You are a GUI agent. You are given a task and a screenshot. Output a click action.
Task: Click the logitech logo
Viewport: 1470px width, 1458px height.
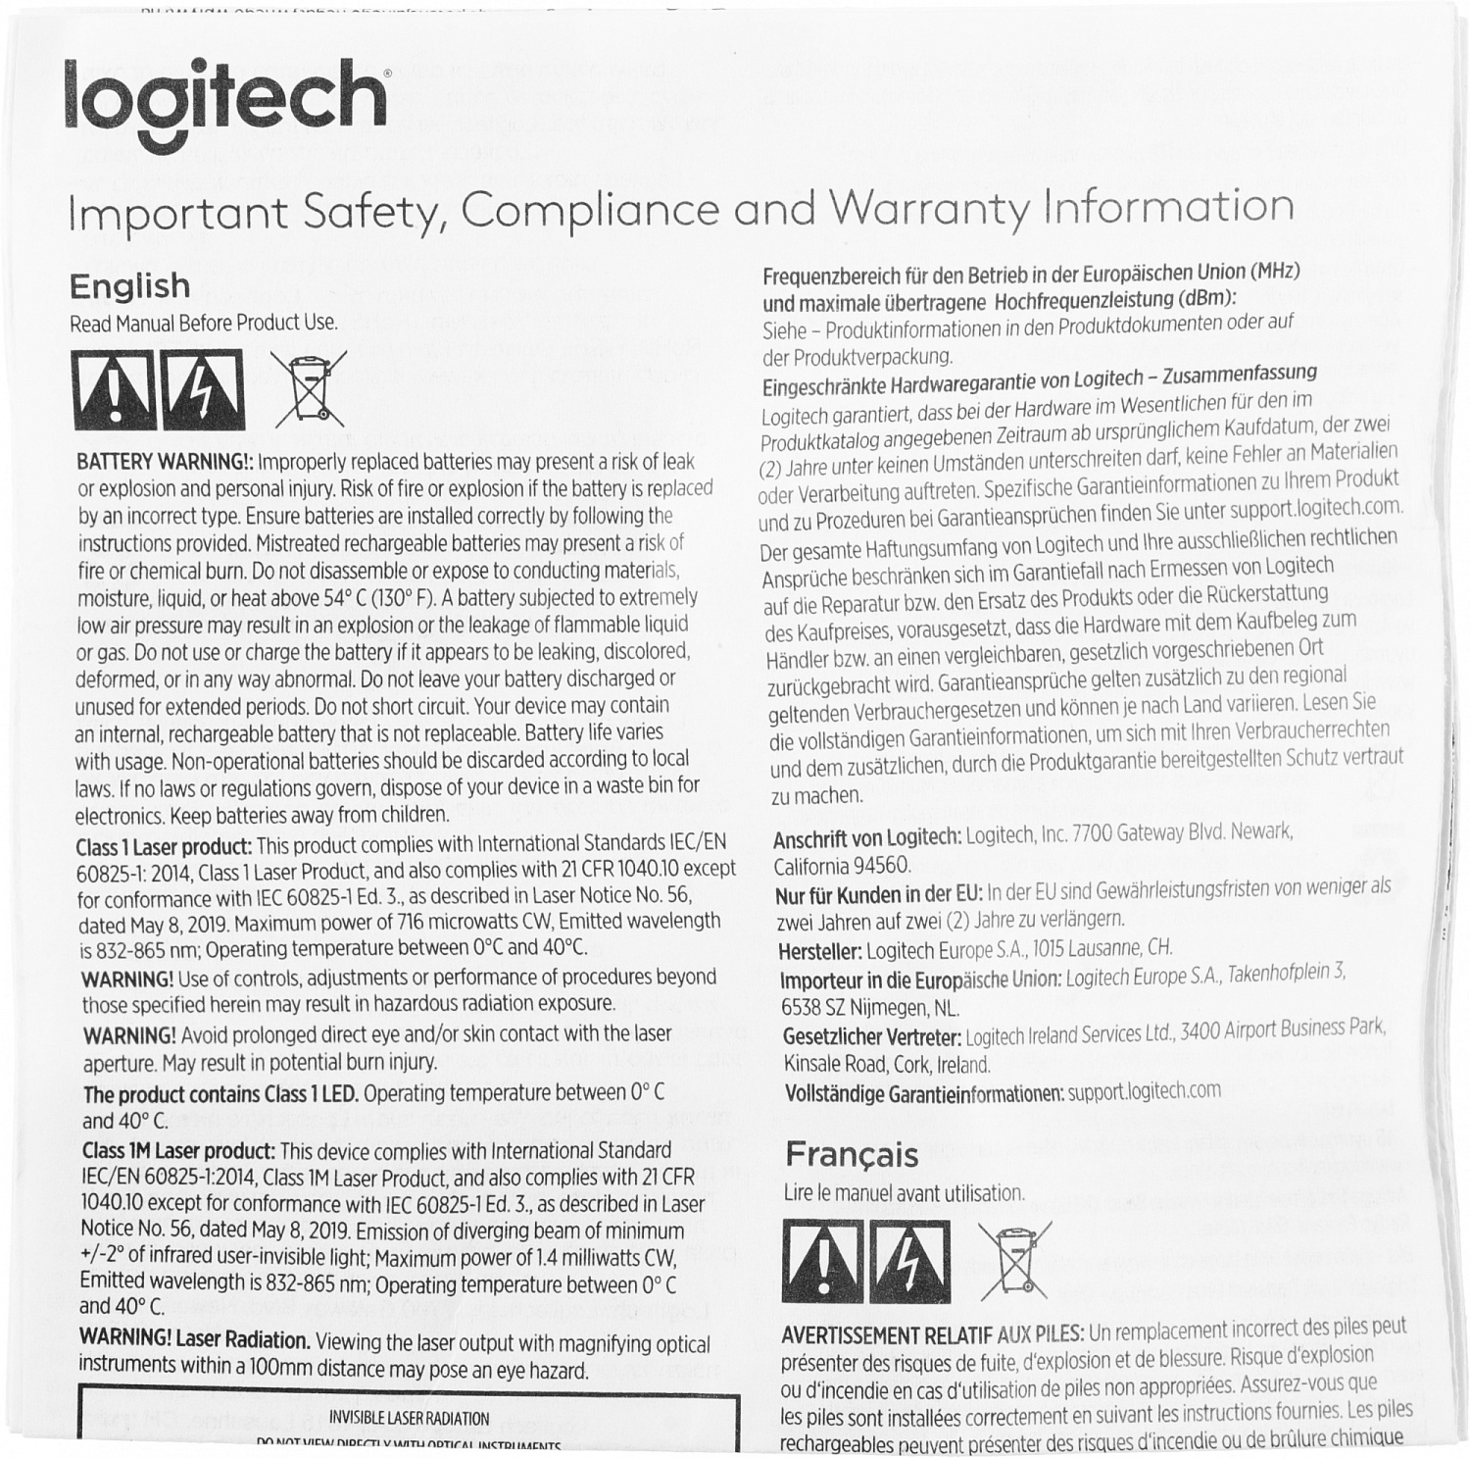[226, 105]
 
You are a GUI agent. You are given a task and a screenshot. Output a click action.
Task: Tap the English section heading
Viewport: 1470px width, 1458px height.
[129, 285]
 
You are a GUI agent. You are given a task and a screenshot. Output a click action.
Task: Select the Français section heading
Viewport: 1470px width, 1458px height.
[851, 1154]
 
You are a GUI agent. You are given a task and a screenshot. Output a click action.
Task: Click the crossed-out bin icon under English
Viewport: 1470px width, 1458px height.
[309, 389]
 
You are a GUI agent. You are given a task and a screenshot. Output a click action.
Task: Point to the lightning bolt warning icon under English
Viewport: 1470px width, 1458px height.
[204, 389]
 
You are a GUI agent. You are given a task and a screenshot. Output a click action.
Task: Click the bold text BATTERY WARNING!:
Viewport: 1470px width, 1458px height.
[166, 462]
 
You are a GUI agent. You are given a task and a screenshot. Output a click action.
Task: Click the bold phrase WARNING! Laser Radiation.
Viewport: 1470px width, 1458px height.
[194, 1338]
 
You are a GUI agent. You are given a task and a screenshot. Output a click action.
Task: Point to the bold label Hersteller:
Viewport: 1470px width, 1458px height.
[819, 951]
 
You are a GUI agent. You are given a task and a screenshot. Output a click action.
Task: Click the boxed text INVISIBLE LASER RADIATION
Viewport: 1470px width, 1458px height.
[408, 1418]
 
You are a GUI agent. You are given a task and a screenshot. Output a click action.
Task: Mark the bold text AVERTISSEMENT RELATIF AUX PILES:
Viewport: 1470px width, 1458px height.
[932, 1334]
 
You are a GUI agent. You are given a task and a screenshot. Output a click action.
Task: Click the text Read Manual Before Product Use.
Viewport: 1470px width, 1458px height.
[203, 324]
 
